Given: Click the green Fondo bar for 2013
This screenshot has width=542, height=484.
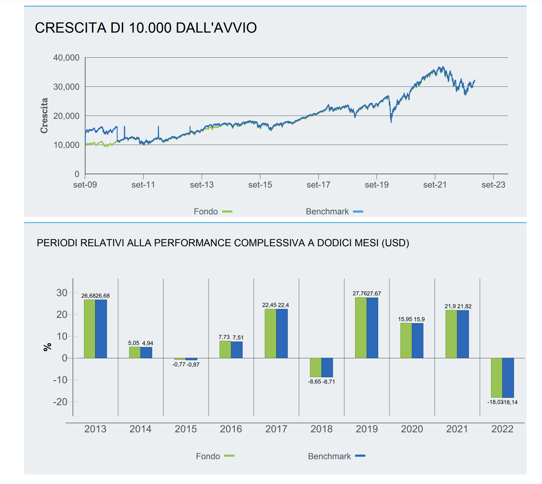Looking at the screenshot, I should coord(89,329).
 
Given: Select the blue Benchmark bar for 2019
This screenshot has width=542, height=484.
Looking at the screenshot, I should coord(372,328).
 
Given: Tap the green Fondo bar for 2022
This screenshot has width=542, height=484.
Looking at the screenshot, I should coord(497,378).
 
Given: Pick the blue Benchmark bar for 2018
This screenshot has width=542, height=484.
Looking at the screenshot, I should coord(327,367).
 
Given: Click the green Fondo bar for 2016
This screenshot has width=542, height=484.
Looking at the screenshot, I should coord(225,349).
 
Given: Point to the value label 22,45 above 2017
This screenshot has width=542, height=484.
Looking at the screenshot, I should coord(269,305).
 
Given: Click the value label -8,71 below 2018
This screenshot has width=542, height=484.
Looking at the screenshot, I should coord(329,382).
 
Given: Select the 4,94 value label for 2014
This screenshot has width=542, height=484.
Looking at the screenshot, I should coord(148,343).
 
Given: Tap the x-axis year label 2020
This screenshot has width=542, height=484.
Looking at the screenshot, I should coord(412,429).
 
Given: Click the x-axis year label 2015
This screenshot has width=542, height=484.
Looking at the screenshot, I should coord(186,429).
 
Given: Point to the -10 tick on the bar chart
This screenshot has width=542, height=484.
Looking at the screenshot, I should coord(60,380).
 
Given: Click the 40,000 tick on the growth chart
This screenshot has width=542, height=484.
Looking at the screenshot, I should coord(66,58).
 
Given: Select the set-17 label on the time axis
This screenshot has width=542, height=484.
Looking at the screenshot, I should coord(318,185).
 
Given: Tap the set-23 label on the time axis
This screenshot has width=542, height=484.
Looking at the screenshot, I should coord(493,185).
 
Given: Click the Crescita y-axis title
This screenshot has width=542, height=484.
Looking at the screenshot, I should coord(44,116).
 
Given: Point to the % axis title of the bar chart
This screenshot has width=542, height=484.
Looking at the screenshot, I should coord(48,347).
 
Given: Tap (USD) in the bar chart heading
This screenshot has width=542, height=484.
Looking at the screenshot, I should coord(395,243).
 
